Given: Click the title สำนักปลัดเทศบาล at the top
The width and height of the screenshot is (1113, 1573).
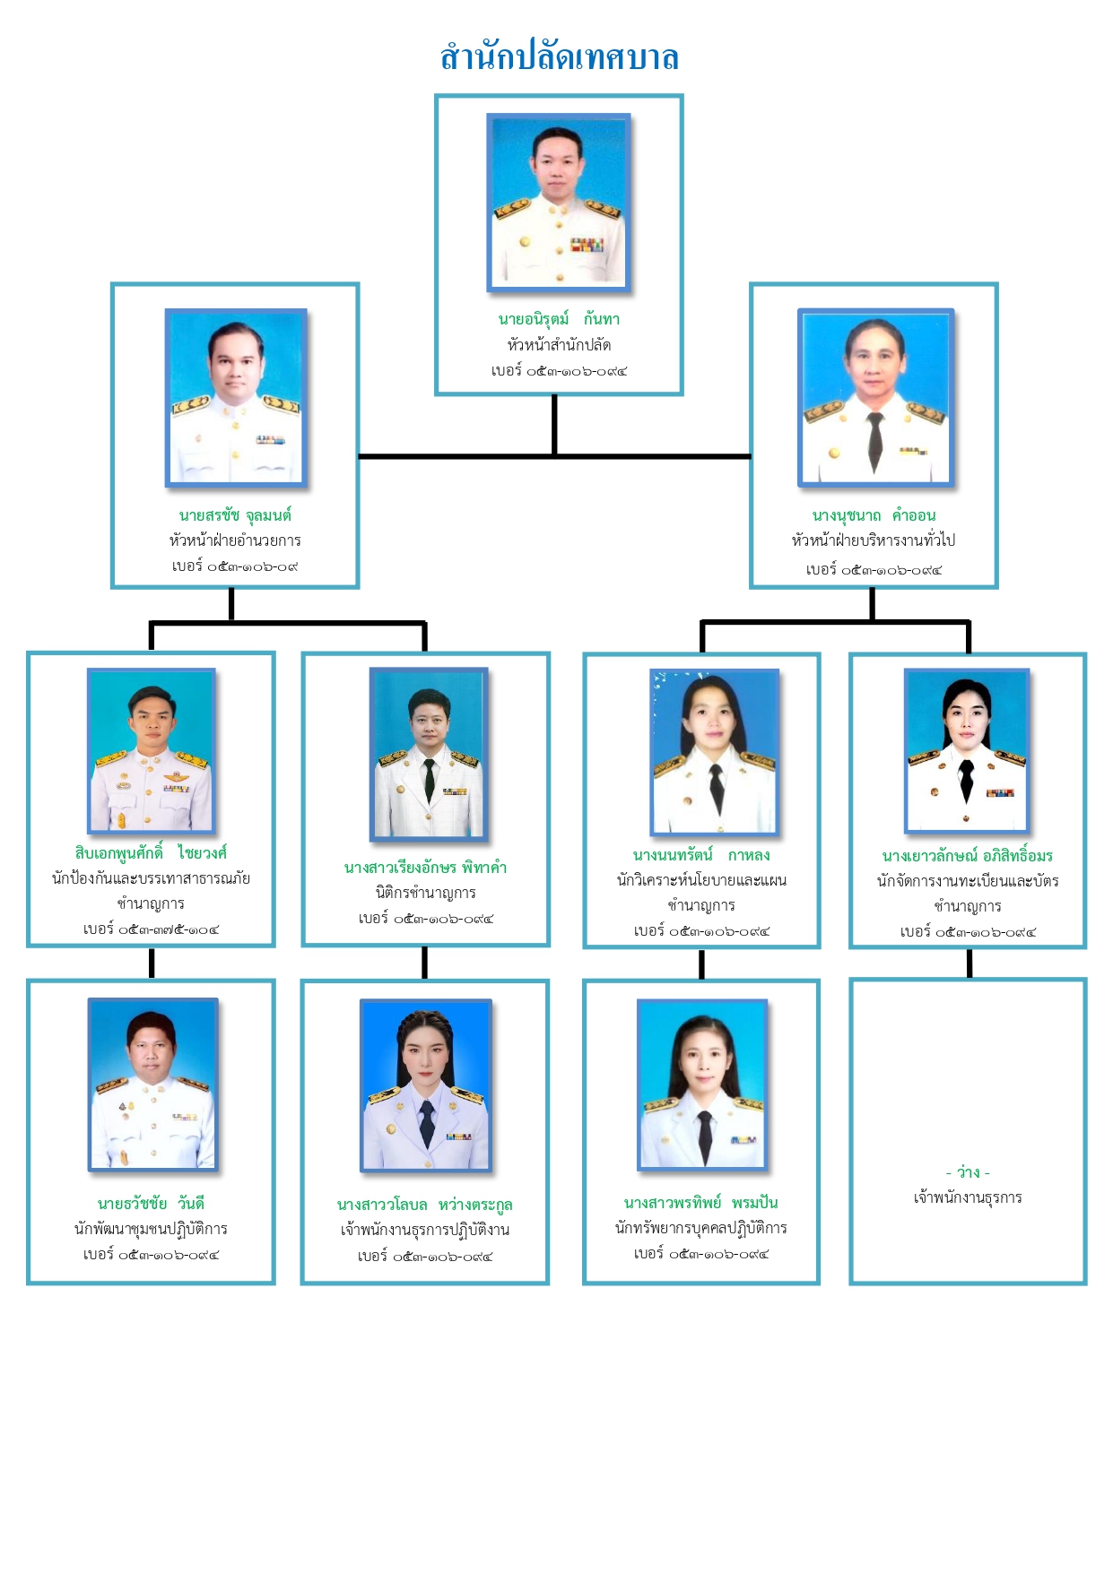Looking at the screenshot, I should pos(559,57).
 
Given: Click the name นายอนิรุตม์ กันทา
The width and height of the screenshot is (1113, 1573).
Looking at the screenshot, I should pos(559,319).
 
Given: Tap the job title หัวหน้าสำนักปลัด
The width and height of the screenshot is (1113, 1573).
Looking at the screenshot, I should pos(559,345).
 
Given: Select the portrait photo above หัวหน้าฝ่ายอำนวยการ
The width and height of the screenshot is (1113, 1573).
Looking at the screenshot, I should pos(236,398).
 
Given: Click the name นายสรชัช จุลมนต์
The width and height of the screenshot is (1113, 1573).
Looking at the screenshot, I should pos(235,515).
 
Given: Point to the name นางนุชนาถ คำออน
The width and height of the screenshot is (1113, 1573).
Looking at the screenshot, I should pos(874,515).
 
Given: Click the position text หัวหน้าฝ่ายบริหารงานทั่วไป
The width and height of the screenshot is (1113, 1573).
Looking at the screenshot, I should pos(874,540).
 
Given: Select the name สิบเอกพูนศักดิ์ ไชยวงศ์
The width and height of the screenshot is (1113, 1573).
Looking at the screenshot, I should pos(151,852).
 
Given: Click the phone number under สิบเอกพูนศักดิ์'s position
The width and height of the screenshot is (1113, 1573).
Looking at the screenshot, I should pos(151,929).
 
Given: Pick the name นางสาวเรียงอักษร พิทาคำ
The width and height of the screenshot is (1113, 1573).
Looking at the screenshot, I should pos(425,868).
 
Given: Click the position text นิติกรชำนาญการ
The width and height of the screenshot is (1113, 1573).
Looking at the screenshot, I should pos(425,893).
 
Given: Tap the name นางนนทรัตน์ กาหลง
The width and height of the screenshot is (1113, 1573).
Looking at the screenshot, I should pos(701,855).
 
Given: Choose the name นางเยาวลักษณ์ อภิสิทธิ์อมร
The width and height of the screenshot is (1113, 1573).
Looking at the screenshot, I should pos(967,856).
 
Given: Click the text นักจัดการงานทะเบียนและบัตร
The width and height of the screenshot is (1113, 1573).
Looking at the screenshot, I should pos(967,881).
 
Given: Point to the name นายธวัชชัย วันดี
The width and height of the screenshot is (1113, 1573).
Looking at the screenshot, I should pos(151,1203).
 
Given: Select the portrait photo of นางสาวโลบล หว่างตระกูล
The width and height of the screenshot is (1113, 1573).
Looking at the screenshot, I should pos(426,1085).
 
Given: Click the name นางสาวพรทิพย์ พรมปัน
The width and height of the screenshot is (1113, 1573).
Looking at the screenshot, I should pos(701,1203).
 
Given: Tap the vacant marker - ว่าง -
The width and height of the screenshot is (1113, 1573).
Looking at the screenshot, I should pos(967,1172).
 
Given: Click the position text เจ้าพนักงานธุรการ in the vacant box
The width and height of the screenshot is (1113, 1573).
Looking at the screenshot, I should pos(967,1197).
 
